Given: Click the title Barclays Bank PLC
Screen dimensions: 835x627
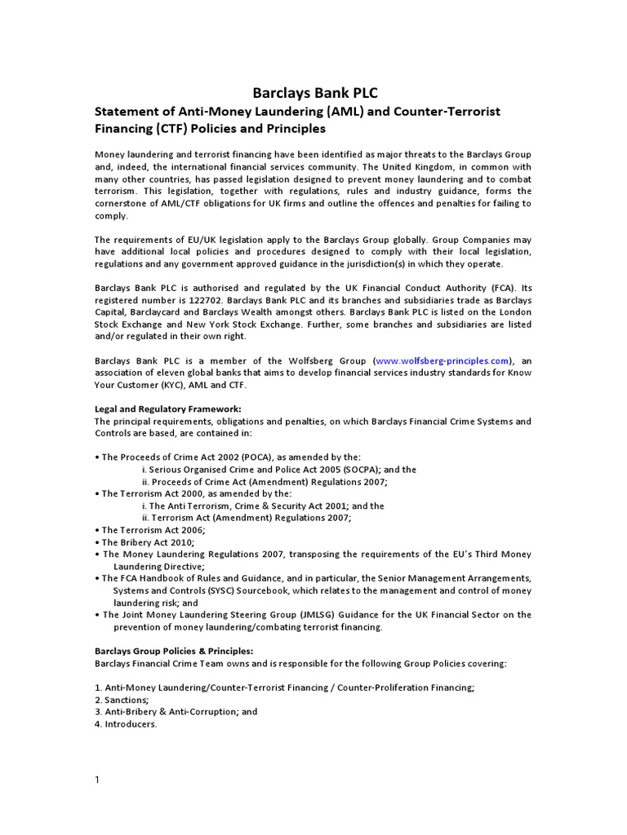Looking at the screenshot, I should coord(314,92).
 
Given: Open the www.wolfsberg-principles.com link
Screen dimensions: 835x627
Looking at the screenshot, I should coord(442,360).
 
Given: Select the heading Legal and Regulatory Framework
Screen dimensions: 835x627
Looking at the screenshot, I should coord(167,409).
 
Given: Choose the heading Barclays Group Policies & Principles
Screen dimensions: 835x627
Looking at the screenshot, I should coord(174,651).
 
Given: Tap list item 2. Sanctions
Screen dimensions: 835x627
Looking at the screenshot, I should coord(122,700).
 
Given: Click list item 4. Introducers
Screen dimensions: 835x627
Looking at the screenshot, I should coord(126,723).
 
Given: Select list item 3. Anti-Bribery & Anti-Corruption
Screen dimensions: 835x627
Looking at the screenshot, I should coord(176,711).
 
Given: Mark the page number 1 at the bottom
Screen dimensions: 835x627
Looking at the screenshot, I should coord(97,780).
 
